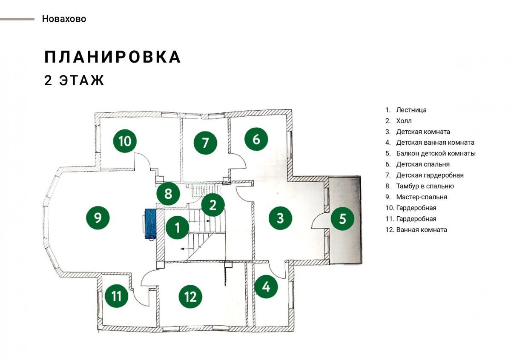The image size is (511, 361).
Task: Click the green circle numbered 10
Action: (x=125, y=141)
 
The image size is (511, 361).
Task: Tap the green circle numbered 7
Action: (x=205, y=143)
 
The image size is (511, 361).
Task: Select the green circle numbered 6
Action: (x=256, y=139)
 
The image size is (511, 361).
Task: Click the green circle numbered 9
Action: (x=98, y=218)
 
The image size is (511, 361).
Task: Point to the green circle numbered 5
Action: (x=342, y=218)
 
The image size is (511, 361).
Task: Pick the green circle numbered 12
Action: (x=190, y=296)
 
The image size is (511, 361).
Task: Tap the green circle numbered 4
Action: (x=266, y=287)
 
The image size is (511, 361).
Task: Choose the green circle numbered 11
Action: (x=116, y=296)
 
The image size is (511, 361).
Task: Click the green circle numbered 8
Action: (x=168, y=194)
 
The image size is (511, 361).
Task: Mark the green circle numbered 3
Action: (x=280, y=218)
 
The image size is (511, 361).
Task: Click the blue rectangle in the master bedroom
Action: (x=151, y=224)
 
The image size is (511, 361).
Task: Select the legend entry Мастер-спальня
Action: (x=422, y=197)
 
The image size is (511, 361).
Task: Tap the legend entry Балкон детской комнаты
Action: (x=436, y=153)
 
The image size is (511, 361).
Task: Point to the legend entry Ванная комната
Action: (x=422, y=229)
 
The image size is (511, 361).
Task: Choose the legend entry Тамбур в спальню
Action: (x=425, y=186)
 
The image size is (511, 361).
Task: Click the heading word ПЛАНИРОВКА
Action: (x=113, y=57)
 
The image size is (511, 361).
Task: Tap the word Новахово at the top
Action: (x=64, y=19)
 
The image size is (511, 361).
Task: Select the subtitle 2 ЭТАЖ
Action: (x=74, y=80)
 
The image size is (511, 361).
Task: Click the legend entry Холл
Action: (x=404, y=120)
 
